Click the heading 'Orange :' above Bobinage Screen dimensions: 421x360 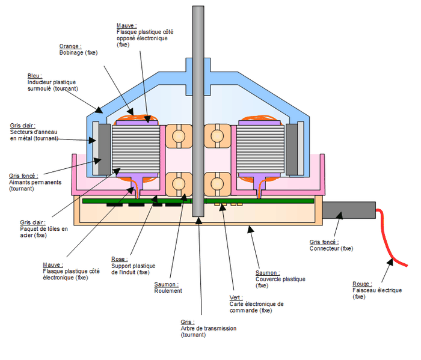[70, 46]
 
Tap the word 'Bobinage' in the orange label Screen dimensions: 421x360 [71, 52]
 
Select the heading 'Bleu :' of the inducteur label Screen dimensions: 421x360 [35, 76]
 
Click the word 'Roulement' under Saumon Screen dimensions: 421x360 [168, 291]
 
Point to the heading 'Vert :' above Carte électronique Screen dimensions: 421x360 [236, 297]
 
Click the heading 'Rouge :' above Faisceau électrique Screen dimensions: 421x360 [362, 284]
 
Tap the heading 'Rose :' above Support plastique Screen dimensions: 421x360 [120, 259]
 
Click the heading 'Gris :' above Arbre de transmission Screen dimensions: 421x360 [188, 322]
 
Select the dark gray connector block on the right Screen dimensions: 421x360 [349, 210]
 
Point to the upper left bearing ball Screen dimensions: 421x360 [179, 136]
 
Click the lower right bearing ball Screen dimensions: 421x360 [217, 184]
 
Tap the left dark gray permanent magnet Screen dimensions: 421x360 [105, 150]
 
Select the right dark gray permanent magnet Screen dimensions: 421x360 [292, 150]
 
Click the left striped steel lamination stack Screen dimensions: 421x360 [136, 150]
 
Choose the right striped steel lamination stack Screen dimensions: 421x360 [260, 150]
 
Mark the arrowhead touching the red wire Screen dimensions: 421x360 [391, 262]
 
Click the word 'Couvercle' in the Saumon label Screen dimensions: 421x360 [268, 279]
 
